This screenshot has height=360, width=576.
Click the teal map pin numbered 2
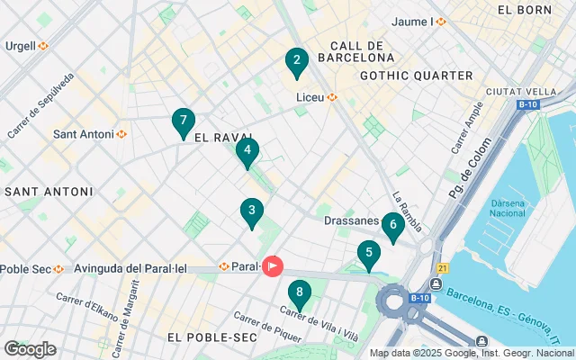(x=296, y=62)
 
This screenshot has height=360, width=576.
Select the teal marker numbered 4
(x=247, y=152)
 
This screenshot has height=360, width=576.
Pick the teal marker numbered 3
(x=252, y=212)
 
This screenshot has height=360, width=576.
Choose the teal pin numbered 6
(x=392, y=226)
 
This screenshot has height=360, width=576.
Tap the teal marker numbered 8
(x=299, y=293)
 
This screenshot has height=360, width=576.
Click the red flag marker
(x=273, y=266)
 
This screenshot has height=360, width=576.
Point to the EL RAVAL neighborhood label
(x=220, y=138)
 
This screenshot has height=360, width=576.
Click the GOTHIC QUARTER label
(x=416, y=76)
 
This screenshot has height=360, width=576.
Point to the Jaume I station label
(x=419, y=21)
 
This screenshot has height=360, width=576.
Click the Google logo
(x=30, y=349)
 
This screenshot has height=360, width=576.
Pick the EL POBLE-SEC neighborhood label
(x=211, y=337)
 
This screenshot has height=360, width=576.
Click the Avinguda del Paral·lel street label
(x=130, y=268)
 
